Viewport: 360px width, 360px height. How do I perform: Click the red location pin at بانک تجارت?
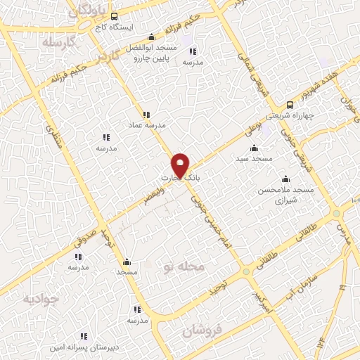click(x=181, y=165)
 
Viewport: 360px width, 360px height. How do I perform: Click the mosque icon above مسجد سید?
click(x=254, y=148)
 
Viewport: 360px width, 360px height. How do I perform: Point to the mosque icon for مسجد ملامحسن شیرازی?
click(x=285, y=179)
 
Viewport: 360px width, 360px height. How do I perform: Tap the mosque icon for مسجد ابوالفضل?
click(x=151, y=38)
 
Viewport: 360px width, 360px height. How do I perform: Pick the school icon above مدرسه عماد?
click(x=146, y=114)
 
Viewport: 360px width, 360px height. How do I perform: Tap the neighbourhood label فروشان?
click(x=205, y=330)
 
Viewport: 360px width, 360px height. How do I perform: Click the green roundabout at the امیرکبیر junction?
click(x=246, y=271)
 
